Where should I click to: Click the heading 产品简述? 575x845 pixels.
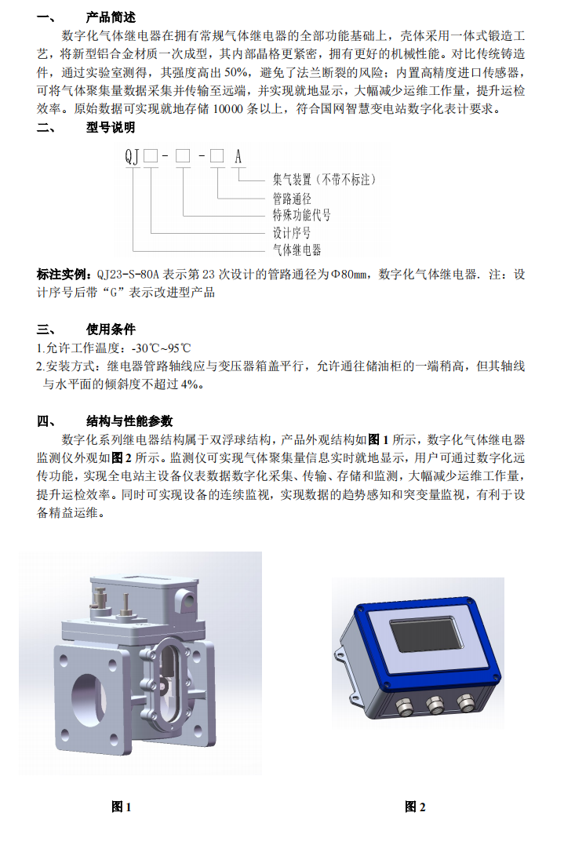(111, 17)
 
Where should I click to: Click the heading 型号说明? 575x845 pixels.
(111, 128)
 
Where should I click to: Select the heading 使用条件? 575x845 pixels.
(111, 330)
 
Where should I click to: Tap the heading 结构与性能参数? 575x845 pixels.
(129, 421)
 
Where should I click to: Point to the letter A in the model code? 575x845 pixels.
(238, 156)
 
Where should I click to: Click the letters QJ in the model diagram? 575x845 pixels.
(132, 156)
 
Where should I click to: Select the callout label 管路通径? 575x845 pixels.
(292, 199)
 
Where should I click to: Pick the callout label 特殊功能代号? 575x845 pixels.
(301, 215)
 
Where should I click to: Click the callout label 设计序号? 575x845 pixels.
(292, 233)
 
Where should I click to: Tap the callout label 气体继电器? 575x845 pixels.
(297, 250)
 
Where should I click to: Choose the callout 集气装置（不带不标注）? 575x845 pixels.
(324, 180)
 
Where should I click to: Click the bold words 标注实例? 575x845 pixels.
(61, 275)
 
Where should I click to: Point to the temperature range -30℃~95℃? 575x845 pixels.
(161, 348)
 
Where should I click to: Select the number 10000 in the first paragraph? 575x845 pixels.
(228, 109)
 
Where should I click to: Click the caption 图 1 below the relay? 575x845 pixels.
(122, 807)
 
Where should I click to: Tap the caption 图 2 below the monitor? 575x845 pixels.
(415, 807)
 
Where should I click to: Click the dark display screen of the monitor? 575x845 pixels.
(426, 634)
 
